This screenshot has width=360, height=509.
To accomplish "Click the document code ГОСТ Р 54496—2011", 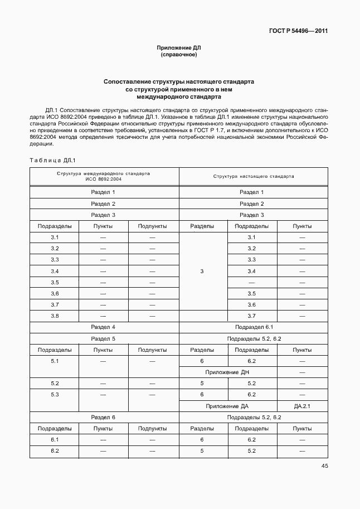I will (x=298, y=31).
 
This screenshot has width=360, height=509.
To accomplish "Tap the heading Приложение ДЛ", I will (x=179, y=48).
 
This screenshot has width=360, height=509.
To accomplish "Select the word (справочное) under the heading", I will (x=179, y=55).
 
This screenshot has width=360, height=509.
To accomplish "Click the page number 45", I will (x=324, y=466).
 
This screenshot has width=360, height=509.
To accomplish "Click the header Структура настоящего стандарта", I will (x=254, y=176).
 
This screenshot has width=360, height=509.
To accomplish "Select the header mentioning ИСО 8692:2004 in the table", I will (x=104, y=176).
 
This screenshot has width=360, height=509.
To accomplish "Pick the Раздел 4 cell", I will (x=104, y=327).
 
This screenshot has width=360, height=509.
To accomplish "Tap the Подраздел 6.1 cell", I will (x=254, y=327).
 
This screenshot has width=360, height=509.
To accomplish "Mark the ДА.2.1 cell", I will (x=302, y=406).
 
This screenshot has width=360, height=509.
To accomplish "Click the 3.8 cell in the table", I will (x=55, y=316).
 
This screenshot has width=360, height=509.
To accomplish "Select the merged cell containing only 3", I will (x=202, y=271).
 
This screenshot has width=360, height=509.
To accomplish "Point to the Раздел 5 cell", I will (x=104, y=338).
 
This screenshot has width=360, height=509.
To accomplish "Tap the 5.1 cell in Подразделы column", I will (x=55, y=361).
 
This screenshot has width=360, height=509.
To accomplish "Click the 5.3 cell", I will (x=55, y=394).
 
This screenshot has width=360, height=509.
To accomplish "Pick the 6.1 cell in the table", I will (x=55, y=439).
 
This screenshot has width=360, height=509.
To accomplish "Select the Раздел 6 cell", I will (x=104, y=417).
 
